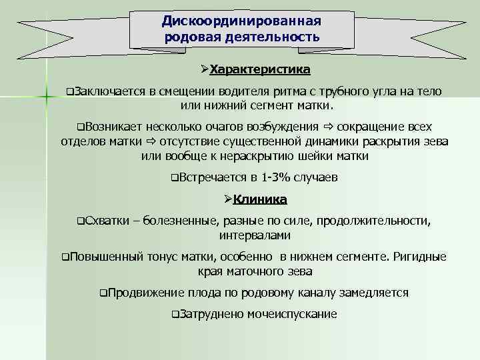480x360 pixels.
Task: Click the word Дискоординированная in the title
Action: click(x=241, y=21)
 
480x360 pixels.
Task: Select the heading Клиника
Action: click(x=264, y=199)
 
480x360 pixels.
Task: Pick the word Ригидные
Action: click(x=421, y=257)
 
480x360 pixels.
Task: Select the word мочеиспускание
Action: click(x=291, y=314)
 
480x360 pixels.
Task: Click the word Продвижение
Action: click(x=145, y=293)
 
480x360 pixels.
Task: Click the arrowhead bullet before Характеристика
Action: click(x=205, y=69)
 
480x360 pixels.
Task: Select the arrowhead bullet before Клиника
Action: click(x=227, y=199)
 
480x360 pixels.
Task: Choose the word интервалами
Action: click(x=254, y=236)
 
